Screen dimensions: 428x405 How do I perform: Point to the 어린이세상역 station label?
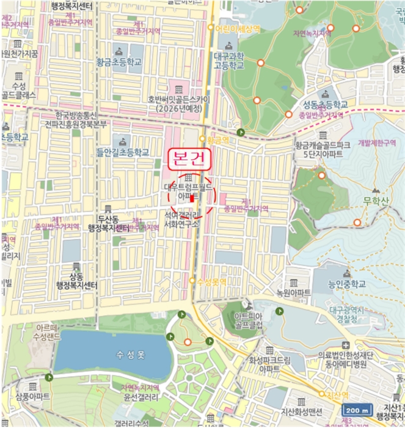click(236, 28)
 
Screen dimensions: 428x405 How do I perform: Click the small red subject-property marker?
click(192, 198)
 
